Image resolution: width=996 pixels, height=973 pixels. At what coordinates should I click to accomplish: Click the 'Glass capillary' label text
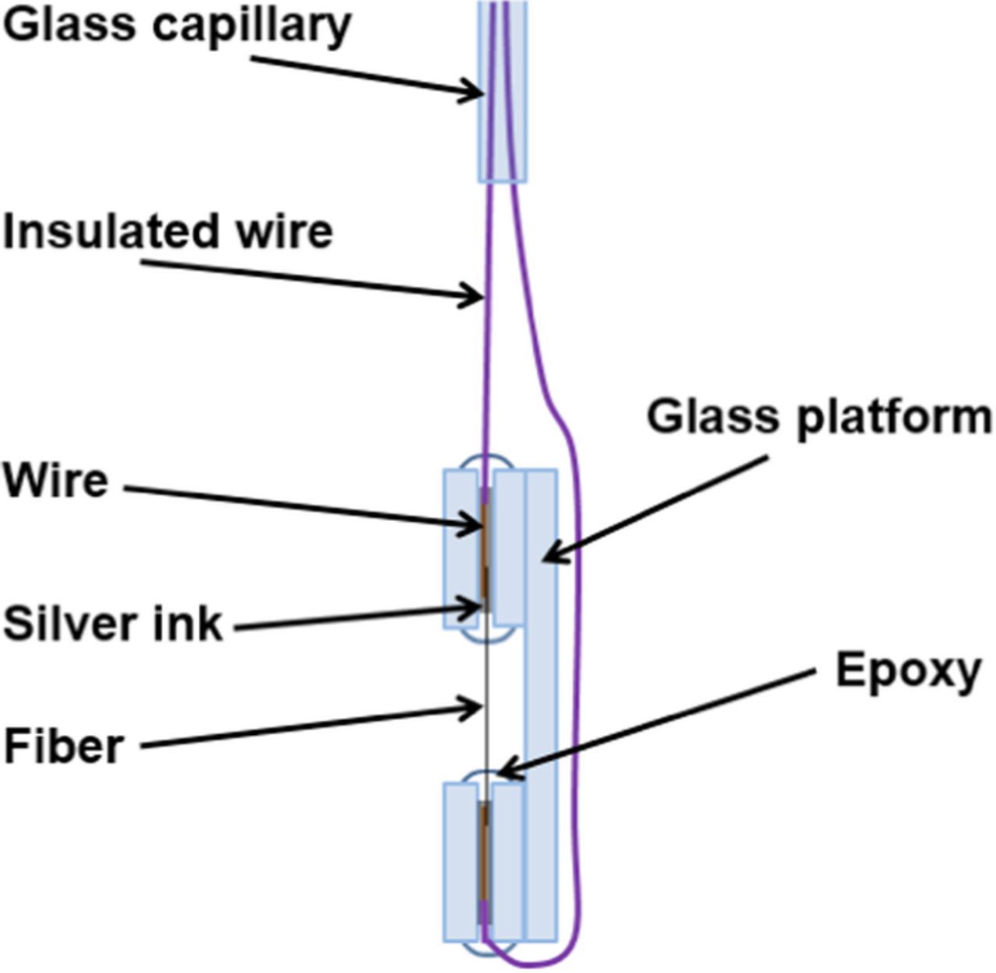pyautogui.click(x=177, y=26)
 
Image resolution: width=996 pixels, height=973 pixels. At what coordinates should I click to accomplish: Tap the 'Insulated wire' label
pyautogui.click(x=168, y=232)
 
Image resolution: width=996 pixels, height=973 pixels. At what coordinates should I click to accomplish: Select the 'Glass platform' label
pyautogui.click(x=819, y=418)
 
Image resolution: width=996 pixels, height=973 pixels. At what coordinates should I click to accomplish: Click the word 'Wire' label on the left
pyautogui.click(x=55, y=481)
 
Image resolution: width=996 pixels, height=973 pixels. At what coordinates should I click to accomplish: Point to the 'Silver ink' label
pyautogui.click(x=113, y=624)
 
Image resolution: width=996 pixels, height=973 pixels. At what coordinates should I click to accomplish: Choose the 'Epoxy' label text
pyautogui.click(x=907, y=670)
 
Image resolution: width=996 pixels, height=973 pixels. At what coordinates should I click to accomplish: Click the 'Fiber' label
pyautogui.click(x=64, y=746)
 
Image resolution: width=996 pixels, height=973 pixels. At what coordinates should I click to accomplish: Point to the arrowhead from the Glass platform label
pyautogui.click(x=549, y=556)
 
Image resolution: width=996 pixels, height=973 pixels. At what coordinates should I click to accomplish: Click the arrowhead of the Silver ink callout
pyautogui.click(x=475, y=607)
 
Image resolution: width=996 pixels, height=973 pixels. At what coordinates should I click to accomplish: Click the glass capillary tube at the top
pyautogui.click(x=502, y=93)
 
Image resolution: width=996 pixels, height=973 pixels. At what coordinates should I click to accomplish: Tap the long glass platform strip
pyautogui.click(x=542, y=700)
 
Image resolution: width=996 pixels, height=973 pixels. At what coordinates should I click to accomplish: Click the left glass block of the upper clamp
pyautogui.click(x=460, y=548)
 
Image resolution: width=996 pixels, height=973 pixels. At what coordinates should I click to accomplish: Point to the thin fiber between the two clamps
pyautogui.click(x=486, y=716)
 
